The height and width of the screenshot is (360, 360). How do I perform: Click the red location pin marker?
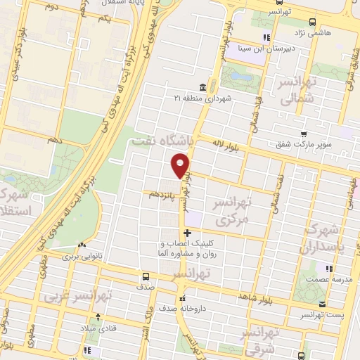tap(181, 165)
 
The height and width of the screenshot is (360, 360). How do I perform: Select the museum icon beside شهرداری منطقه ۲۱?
tap(202, 86)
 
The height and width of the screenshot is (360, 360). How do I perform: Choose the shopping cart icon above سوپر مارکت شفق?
tap(303, 135)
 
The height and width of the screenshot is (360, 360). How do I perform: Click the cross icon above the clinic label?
tap(187, 233)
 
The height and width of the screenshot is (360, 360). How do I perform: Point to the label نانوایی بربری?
tap(83, 257)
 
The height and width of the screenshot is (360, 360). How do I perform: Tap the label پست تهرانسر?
tap(323, 317)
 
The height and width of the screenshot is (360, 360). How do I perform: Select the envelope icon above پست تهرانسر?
tap(323, 305)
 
